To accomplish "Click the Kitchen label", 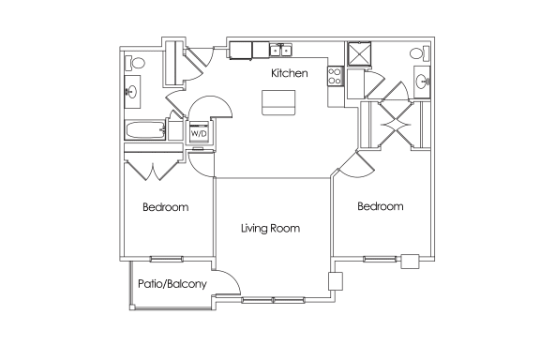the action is [290, 73].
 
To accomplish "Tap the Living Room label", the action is [270, 228].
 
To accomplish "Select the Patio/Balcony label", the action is [172, 284].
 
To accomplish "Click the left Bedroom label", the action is [166, 207].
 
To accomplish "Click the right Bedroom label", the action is [381, 206].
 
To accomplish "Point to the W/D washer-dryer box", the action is [199, 132].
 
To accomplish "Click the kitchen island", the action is [278, 102].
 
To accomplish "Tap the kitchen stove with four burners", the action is [335, 76].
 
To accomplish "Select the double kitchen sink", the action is [280, 51].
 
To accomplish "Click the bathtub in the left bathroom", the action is [145, 130].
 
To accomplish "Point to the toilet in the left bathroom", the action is [135, 63].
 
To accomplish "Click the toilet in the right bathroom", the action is [419, 53].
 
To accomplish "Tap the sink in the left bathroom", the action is [132, 92].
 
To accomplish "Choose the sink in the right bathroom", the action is [422, 82].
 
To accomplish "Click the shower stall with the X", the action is [359, 53].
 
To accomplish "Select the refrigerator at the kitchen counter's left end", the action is [240, 51].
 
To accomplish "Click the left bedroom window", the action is [166, 259].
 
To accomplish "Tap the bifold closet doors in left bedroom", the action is [152, 171].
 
